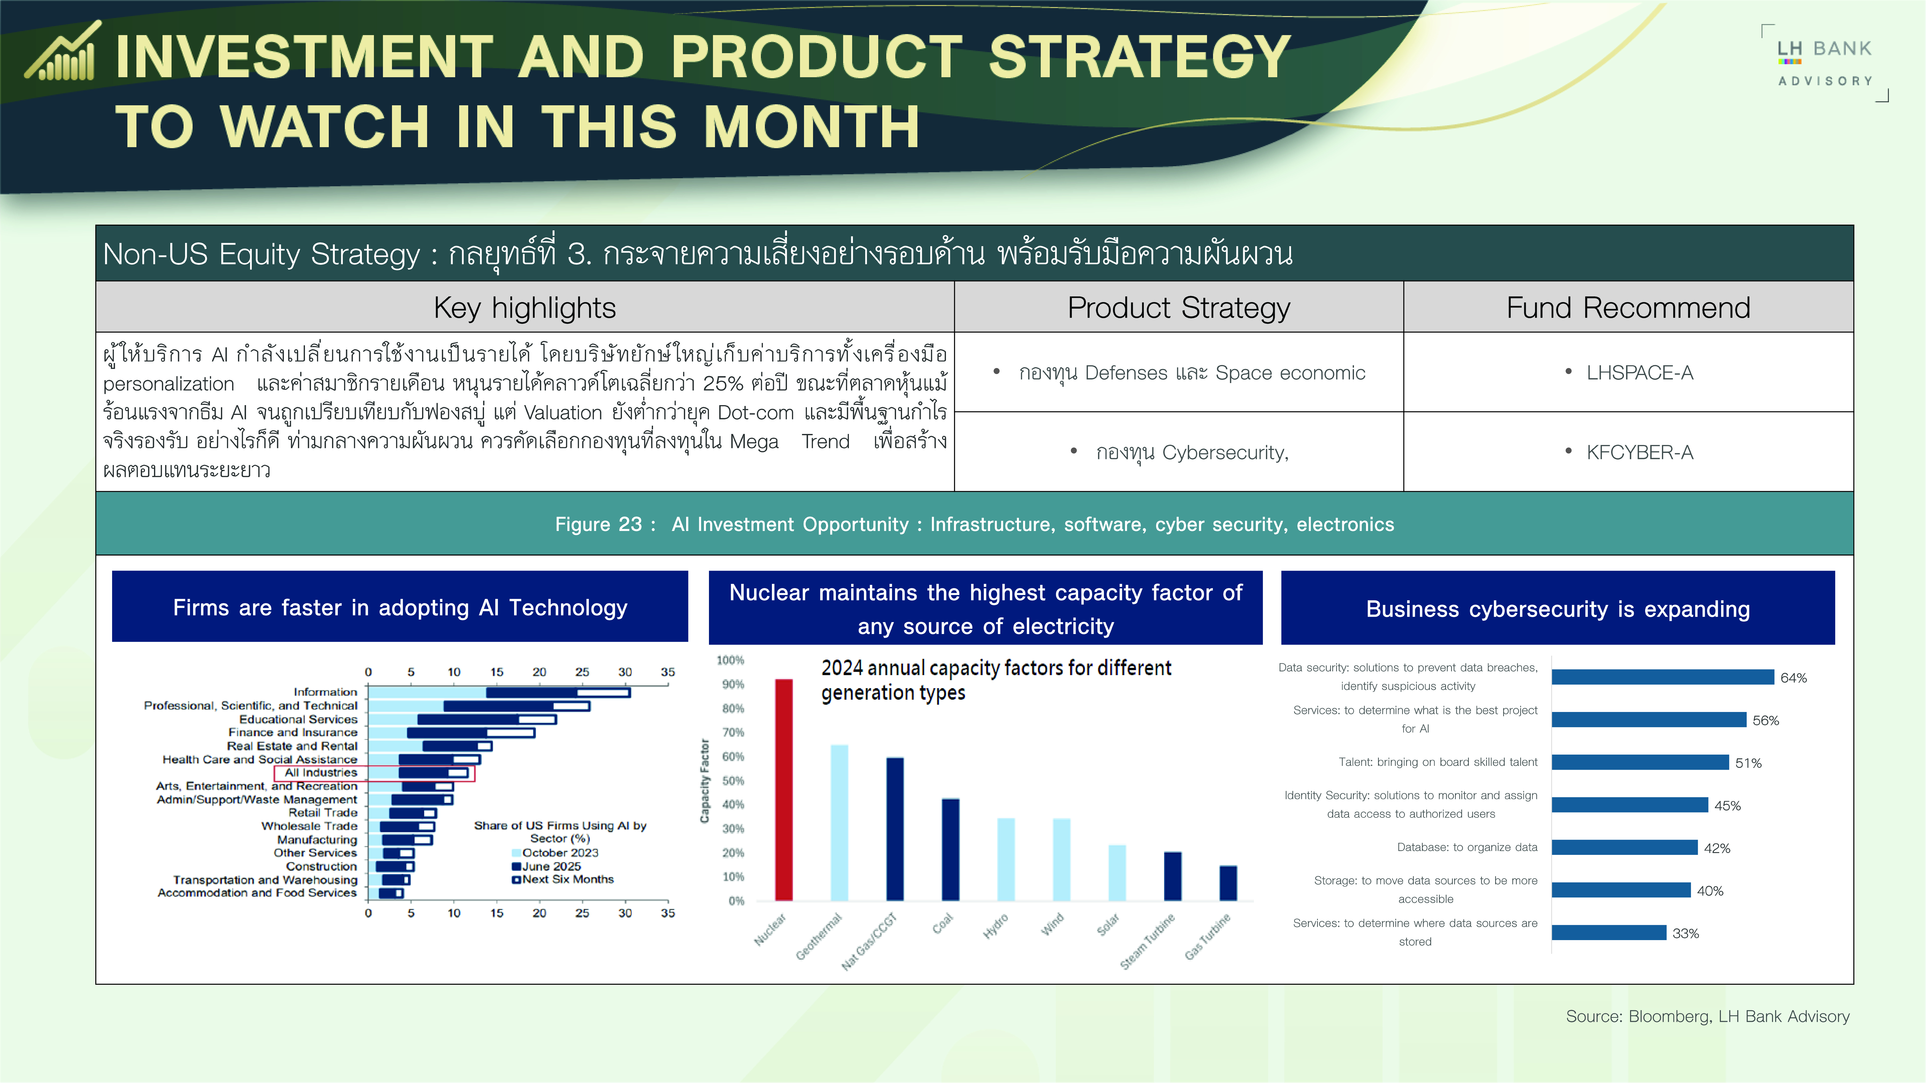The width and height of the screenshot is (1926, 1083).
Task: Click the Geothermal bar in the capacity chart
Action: (x=840, y=822)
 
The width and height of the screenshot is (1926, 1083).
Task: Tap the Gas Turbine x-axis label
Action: (x=1208, y=937)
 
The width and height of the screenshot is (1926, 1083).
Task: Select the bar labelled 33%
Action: (x=1609, y=932)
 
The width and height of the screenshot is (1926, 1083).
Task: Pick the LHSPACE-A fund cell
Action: (x=1628, y=372)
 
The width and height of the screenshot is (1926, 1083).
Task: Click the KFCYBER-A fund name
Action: (x=1640, y=452)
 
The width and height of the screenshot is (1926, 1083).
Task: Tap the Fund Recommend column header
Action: (x=1628, y=307)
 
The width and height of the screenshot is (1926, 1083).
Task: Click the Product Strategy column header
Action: (x=1179, y=307)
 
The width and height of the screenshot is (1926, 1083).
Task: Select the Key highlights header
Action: (x=525, y=307)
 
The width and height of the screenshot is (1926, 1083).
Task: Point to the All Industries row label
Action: (x=321, y=772)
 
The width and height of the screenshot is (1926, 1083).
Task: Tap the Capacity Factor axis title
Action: (x=704, y=781)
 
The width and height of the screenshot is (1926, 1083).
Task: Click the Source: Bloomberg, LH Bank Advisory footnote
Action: (x=1708, y=1017)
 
